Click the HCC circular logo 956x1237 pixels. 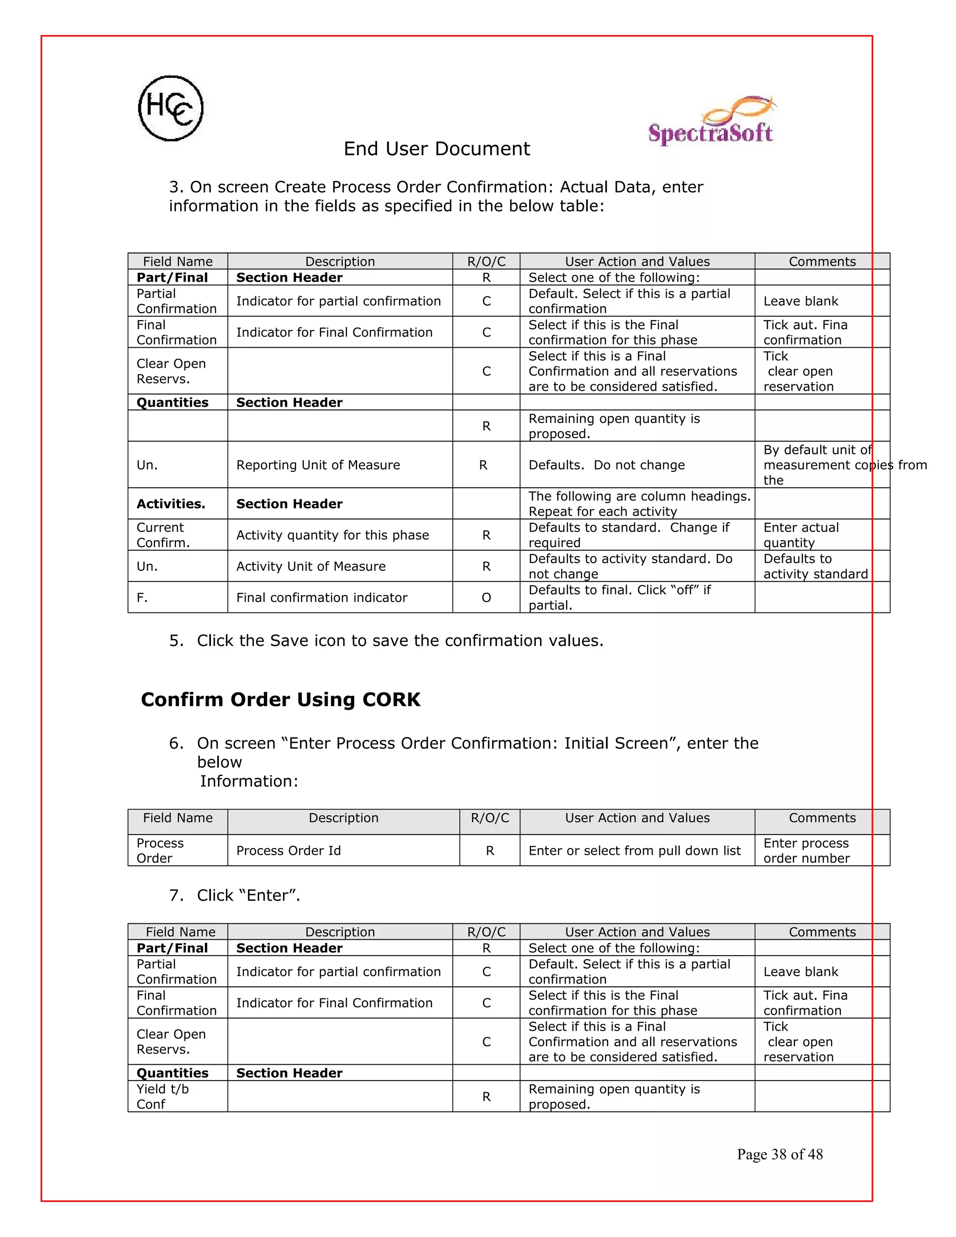pyautogui.click(x=170, y=108)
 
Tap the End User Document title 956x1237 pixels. pyautogui.click(x=436, y=149)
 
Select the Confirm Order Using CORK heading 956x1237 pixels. pyautogui.click(x=281, y=700)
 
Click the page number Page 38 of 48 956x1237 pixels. pyautogui.click(x=779, y=1154)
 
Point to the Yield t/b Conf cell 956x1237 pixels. pyautogui.click(x=162, y=1096)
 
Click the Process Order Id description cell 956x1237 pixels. pyautogui.click(x=288, y=850)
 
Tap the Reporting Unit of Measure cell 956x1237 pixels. pyautogui.click(x=318, y=465)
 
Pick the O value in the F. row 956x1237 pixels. pyautogui.click(x=486, y=597)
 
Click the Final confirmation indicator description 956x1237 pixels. pyautogui.click(x=322, y=597)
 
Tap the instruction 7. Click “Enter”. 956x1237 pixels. pyautogui.click(x=234, y=895)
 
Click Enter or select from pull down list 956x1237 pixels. pyautogui.click(x=634, y=850)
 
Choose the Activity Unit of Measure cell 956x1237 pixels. pyautogui.click(x=310, y=566)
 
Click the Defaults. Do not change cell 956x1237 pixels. pyautogui.click(x=606, y=465)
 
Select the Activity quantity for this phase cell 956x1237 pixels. pyautogui.click(x=332, y=535)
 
